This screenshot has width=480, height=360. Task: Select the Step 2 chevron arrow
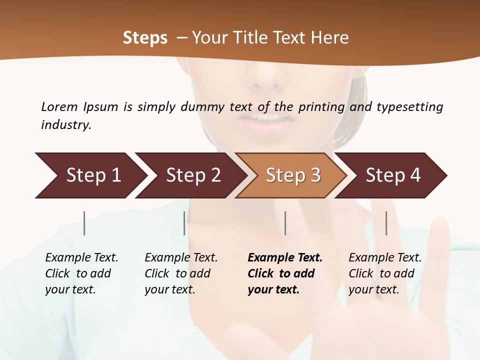click(192, 175)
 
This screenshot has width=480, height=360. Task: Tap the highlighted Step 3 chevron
click(292, 175)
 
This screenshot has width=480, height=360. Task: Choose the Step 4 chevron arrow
click(392, 175)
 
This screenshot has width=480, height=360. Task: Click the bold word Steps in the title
click(145, 38)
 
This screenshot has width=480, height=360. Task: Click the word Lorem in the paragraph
click(59, 106)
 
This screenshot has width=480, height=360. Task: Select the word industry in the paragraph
click(65, 124)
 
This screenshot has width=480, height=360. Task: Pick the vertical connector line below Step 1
click(84, 223)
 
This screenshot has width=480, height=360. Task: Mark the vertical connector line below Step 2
click(184, 223)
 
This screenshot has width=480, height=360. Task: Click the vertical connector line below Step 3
click(285, 223)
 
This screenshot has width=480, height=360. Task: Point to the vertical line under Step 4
click(386, 223)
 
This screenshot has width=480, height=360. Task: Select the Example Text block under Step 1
click(81, 273)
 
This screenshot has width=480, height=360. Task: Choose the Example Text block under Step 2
click(180, 273)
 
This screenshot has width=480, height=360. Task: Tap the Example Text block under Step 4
click(384, 273)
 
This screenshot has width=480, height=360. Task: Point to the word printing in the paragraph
click(321, 106)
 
